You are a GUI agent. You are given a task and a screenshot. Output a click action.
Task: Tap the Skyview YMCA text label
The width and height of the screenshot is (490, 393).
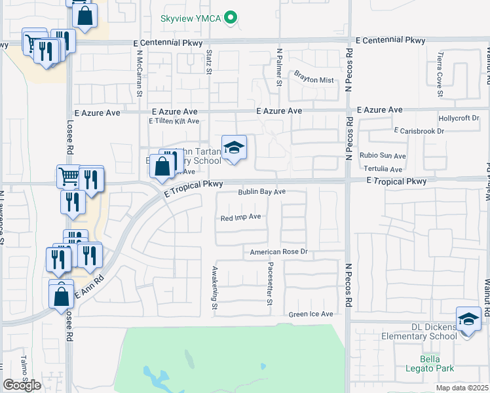coord(191,19)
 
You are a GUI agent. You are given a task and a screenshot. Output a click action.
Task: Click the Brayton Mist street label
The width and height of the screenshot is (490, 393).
coord(314,80)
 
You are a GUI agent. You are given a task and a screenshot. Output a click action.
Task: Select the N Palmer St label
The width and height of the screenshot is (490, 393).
coord(279,67)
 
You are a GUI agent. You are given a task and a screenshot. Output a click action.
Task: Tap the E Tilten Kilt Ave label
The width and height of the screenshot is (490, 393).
coord(174,122)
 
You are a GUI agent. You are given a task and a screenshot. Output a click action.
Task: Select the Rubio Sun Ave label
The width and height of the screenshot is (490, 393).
coord(383,156)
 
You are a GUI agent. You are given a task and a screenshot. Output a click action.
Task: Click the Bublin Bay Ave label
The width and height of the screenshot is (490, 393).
coord(262,192)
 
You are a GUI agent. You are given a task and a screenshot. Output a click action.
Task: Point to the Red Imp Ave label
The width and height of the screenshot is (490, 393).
coord(240,217)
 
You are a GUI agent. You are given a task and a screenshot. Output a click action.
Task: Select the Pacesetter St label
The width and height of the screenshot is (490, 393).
coord(269,284)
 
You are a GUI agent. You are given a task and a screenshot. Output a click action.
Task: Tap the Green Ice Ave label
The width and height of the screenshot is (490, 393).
coord(311,314)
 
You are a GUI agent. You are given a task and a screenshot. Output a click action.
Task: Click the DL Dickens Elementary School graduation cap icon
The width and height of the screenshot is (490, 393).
coord(468,320)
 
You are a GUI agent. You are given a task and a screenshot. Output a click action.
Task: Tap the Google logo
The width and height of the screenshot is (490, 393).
coord(22,385)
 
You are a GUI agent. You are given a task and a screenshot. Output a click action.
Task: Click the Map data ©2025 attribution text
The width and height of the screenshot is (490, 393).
coord(461,388)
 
